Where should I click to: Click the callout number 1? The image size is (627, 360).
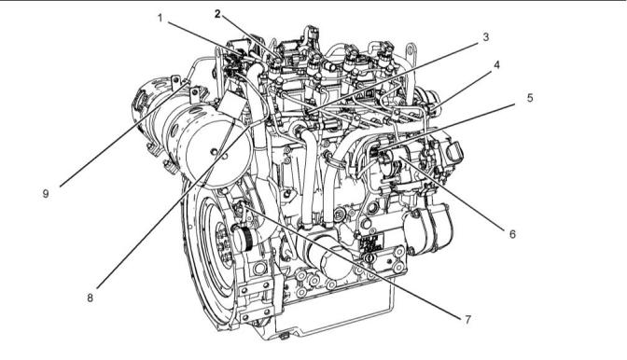tap(160, 18)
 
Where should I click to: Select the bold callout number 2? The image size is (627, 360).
tap(217, 14)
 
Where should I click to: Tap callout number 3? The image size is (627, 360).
tap(486, 37)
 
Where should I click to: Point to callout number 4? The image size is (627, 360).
tap(496, 64)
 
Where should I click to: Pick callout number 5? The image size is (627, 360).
tap(530, 98)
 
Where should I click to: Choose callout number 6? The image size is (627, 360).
tap(512, 234)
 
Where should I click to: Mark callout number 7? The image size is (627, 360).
tap(467, 320)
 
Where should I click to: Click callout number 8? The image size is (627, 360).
tap(90, 298)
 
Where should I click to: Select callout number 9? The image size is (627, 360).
tap(46, 194)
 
